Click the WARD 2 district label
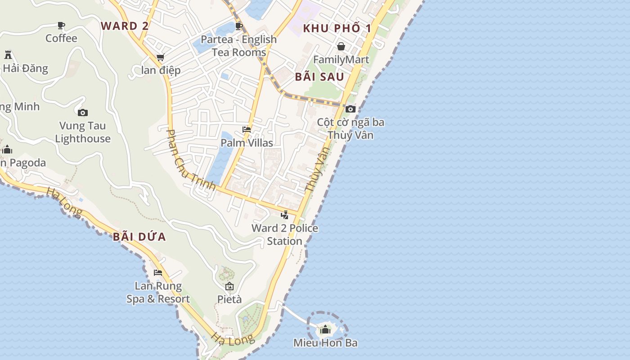125,26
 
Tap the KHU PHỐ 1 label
337,28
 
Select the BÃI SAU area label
319,76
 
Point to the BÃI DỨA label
139,237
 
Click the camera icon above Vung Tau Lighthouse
83,112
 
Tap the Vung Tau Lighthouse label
83,132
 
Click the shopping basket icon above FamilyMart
341,46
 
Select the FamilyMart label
341,59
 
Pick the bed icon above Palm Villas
247,130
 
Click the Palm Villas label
247,143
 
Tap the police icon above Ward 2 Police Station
284,215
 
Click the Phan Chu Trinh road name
191,159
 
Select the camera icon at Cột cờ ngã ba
351,109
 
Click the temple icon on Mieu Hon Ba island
325,329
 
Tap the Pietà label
229,299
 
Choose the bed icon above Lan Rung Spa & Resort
158,273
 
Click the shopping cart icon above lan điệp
161,57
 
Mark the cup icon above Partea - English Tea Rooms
239,26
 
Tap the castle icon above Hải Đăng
8,55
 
